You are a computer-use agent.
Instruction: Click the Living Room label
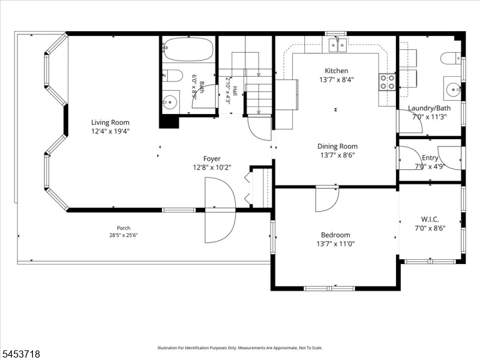pyautogui.click(x=110, y=122)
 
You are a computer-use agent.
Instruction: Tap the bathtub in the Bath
pyautogui.click(x=188, y=49)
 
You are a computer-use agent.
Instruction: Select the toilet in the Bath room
pyautogui.click(x=172, y=76)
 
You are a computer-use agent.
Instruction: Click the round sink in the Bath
pyautogui.click(x=170, y=101)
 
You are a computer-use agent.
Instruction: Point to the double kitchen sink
pyautogui.click(x=338, y=46)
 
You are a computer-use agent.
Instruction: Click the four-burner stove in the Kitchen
pyautogui.click(x=387, y=82)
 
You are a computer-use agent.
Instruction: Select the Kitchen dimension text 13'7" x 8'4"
pyautogui.click(x=337, y=80)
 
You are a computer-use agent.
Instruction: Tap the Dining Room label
pyautogui.click(x=337, y=146)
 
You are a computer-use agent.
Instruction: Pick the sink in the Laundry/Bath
pyautogui.click(x=453, y=89)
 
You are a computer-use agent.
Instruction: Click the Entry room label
pyautogui.click(x=430, y=158)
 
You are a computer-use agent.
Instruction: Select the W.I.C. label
pyautogui.click(x=430, y=219)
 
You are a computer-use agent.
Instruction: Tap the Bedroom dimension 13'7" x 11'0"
pyautogui.click(x=336, y=244)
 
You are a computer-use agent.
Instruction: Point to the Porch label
pyautogui.click(x=124, y=228)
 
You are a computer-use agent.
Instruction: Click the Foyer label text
pyautogui.click(x=212, y=158)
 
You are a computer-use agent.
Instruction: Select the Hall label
pyautogui.click(x=235, y=91)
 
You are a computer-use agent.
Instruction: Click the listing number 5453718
pyautogui.click(x=20, y=354)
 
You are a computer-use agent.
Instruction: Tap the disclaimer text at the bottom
pyautogui.click(x=240, y=348)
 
